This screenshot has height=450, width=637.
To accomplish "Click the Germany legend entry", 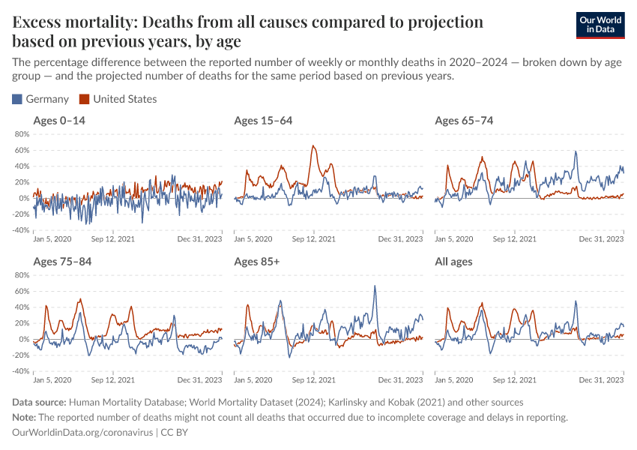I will [x=40, y=99].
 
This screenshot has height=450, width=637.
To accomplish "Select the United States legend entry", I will [x=118, y=99].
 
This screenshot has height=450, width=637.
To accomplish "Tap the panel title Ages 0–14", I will [x=60, y=121].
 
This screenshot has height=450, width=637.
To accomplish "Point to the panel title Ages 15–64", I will [x=263, y=121].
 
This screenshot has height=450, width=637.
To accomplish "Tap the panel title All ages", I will [x=454, y=262].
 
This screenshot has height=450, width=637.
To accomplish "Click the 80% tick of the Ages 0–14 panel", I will [x=21, y=134].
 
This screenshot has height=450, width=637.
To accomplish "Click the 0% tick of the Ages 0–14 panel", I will [x=23, y=199].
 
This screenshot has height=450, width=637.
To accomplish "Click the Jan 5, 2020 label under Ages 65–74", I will [x=454, y=239].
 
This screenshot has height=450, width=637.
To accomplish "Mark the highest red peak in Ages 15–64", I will [x=313, y=146].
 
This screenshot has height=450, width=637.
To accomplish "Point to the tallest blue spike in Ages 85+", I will [x=375, y=286].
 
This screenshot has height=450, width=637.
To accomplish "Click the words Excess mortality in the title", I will [x=70, y=22].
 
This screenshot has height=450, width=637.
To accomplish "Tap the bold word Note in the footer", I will [x=25, y=418].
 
